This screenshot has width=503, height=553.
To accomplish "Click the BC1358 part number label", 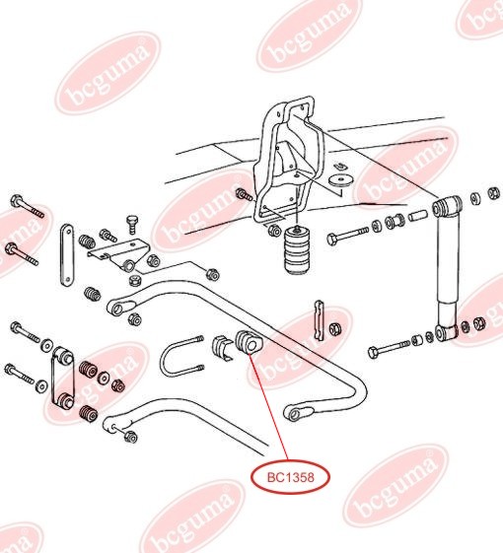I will (x=290, y=477).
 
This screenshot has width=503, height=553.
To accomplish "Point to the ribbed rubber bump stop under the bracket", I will (x=295, y=252).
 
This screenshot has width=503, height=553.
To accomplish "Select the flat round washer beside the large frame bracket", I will (x=342, y=179).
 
